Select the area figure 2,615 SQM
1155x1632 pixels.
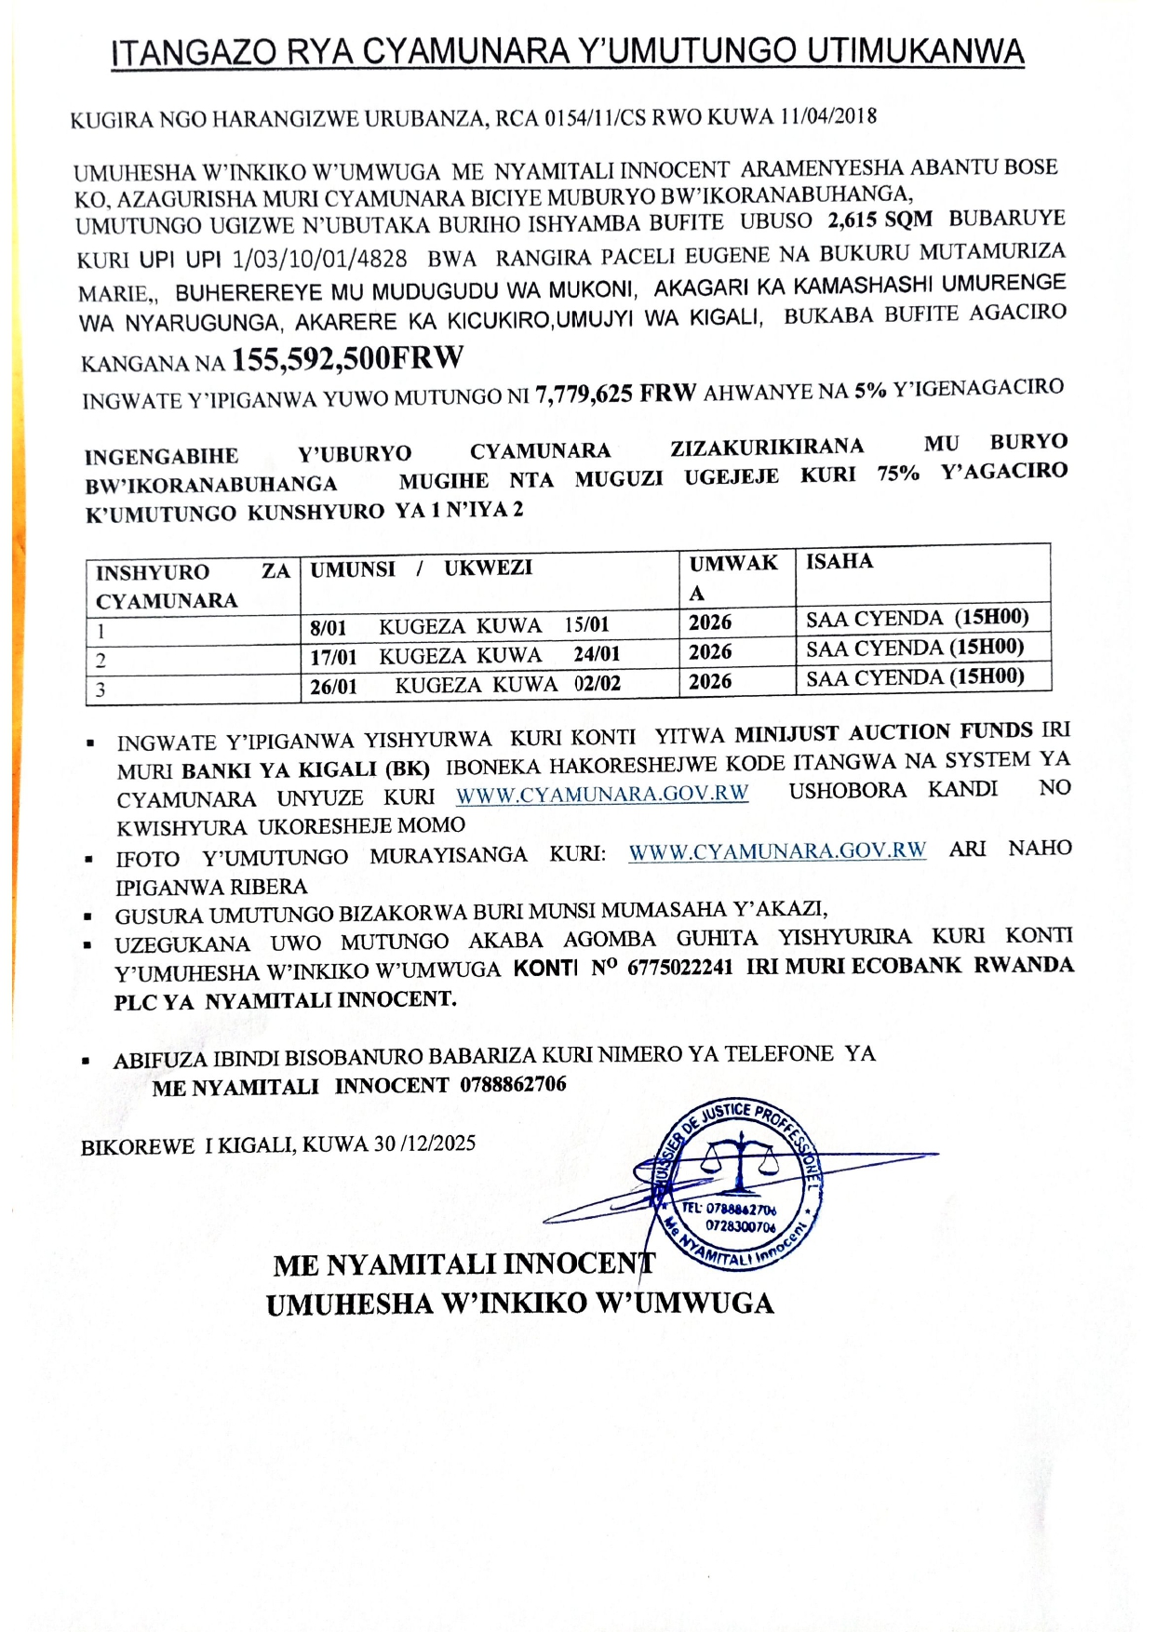880,221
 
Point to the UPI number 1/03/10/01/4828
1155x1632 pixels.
319,259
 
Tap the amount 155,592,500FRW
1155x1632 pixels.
347,358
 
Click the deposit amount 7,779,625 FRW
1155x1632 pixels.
615,395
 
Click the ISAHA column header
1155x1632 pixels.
839,561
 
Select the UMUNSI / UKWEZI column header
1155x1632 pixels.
421,569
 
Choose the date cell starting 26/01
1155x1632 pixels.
465,686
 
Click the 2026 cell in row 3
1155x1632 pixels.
710,682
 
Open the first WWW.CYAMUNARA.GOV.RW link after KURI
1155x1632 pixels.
602,794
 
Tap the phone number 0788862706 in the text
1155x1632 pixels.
513,1085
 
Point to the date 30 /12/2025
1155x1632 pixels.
424,1144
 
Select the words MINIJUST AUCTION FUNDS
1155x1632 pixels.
883,732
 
